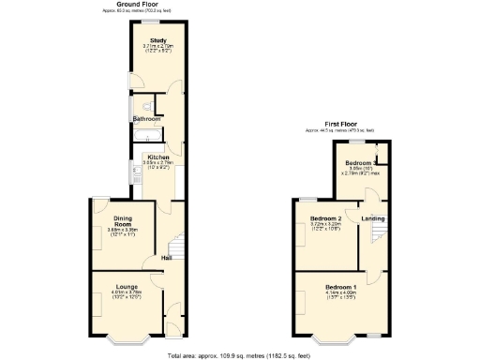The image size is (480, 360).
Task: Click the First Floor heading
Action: coord(343,123)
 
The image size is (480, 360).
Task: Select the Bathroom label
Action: coord(146,119)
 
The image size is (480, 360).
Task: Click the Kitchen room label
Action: coord(157,157)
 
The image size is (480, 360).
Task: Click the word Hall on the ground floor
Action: coord(166,258)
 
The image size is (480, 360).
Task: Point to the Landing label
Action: coord(373,219)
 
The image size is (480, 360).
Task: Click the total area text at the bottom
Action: coord(239,356)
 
